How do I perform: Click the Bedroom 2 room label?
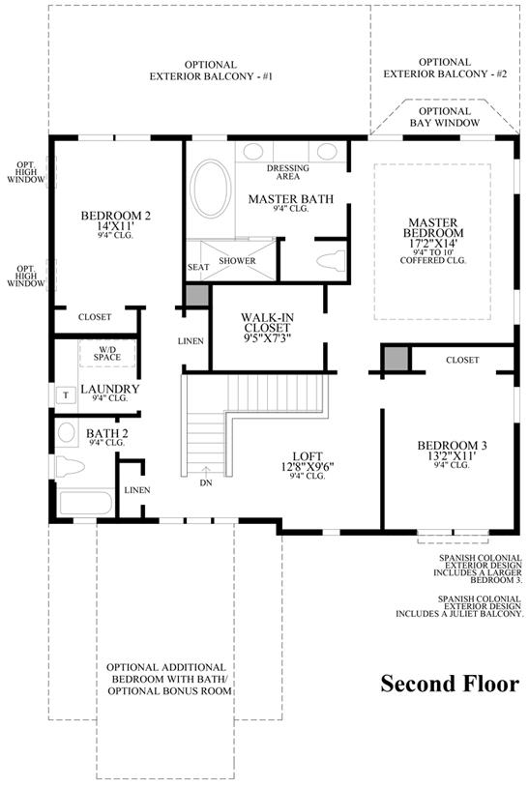(116, 216)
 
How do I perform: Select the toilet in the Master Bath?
(331, 261)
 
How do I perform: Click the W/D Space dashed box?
(107, 353)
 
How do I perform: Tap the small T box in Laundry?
(66, 395)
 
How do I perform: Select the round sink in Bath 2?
(66, 431)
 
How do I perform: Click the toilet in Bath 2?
(69, 466)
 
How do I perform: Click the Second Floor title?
(450, 684)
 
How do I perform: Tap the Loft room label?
(308, 455)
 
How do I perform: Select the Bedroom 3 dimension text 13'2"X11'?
(452, 455)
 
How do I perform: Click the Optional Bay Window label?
(445, 117)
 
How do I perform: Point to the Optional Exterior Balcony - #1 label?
(211, 71)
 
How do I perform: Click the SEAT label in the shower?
(198, 267)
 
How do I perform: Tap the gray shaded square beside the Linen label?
(197, 295)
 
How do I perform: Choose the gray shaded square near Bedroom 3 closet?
(397, 359)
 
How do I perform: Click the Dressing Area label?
(288, 172)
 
